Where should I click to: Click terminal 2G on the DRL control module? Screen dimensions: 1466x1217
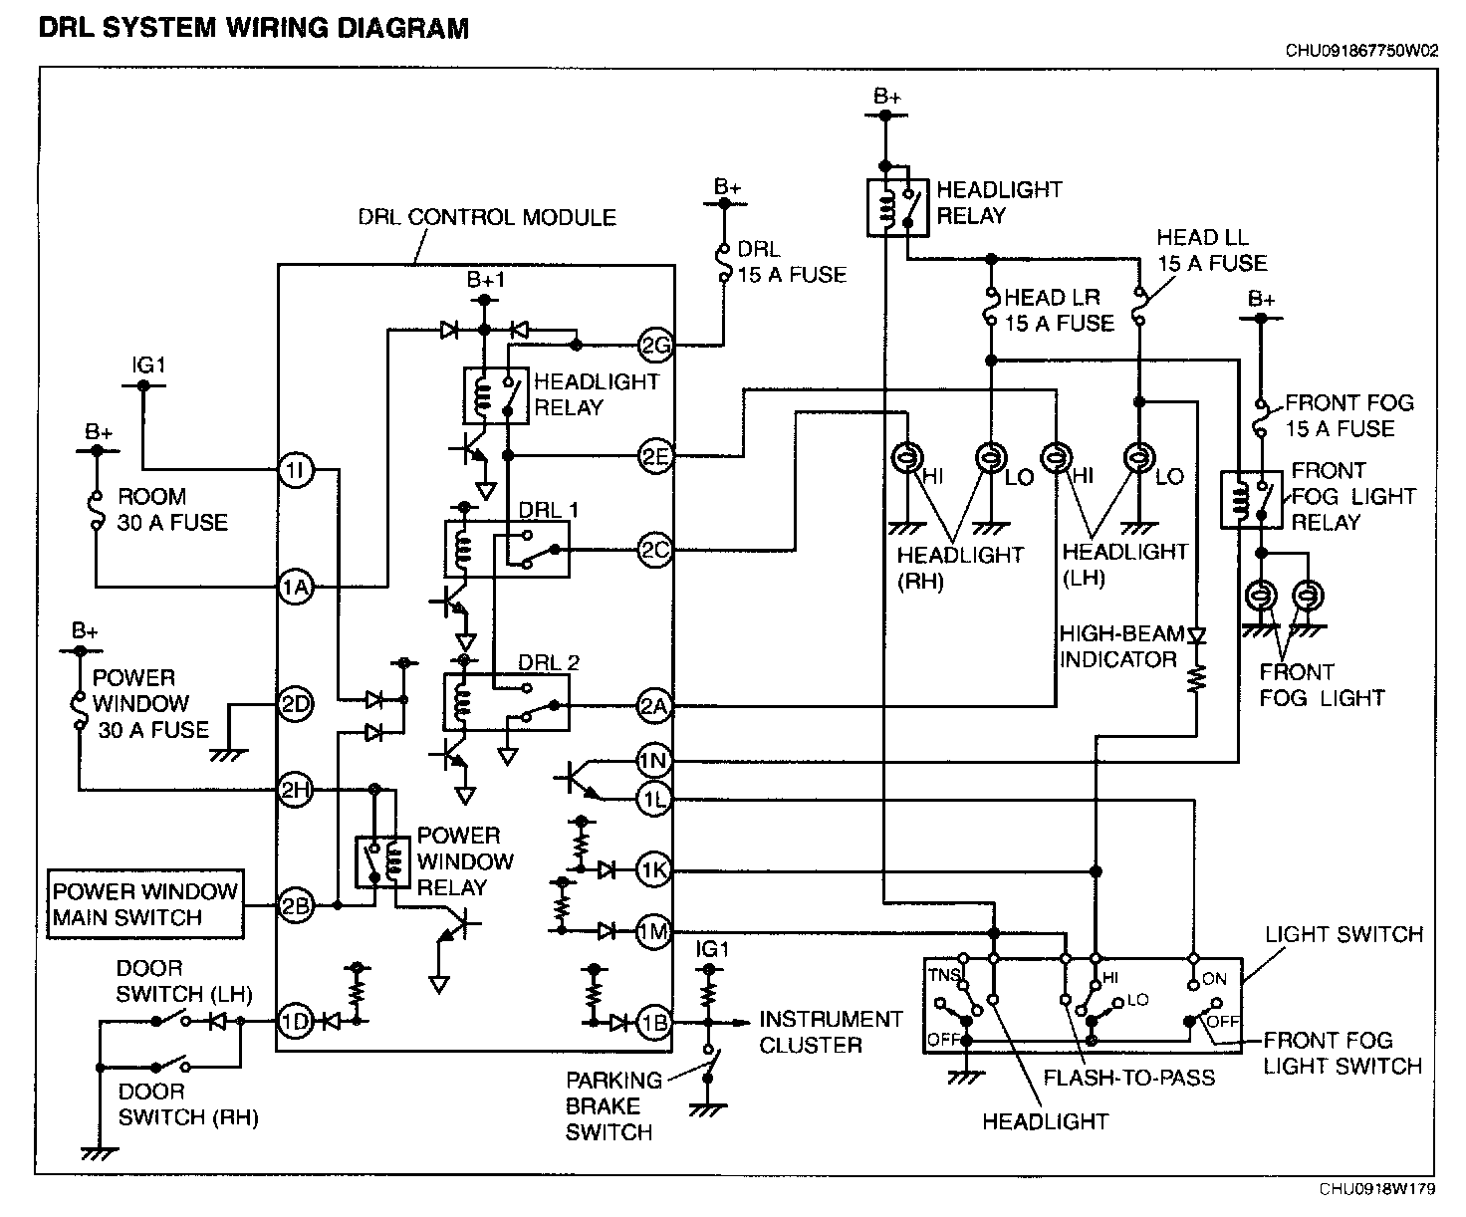pos(655,346)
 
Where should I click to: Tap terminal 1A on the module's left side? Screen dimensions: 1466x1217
pos(296,587)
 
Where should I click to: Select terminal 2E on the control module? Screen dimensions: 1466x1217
pos(655,456)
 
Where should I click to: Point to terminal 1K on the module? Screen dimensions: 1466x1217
pos(653,870)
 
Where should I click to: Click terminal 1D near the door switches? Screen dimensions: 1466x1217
pos(296,1021)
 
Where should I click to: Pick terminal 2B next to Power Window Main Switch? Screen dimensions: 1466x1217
pos(296,906)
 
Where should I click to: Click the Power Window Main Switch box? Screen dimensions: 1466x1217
pos(145,904)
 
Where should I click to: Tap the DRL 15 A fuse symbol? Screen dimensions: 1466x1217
pos(724,263)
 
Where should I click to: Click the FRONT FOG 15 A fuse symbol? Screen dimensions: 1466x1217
pos(1261,418)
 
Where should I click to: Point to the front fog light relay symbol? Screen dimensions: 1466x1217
pos(1252,500)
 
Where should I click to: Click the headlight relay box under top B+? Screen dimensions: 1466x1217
pos(898,208)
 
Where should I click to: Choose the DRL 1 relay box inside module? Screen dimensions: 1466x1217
pos(507,549)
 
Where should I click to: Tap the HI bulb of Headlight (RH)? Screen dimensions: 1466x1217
pos(907,458)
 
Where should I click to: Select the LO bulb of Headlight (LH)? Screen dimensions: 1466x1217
pos(1139,458)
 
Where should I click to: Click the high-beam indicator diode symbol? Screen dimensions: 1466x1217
pos(1197,636)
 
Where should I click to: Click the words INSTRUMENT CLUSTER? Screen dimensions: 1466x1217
pos(831,1033)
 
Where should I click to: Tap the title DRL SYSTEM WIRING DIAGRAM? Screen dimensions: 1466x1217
pos(253,29)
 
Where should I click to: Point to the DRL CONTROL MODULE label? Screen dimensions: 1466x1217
pos(487,218)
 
